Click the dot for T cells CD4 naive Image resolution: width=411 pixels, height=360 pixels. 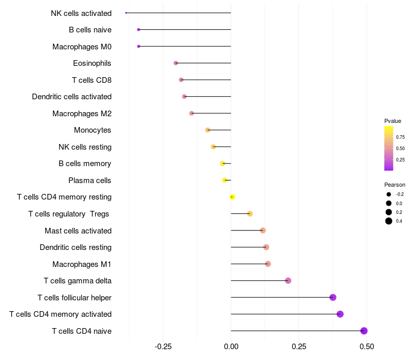tap(364, 331)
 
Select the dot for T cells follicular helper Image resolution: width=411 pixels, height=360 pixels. tap(333, 297)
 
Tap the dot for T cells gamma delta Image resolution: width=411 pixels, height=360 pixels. tap(288, 281)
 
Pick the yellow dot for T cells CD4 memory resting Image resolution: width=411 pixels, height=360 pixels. tap(232, 197)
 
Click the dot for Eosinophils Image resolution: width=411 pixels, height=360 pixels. tap(176, 63)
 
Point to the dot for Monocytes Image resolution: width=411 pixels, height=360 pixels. tap(208, 130)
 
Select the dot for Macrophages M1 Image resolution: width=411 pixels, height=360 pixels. tap(268, 264)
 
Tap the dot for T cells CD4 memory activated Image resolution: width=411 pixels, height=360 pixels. tap(340, 314)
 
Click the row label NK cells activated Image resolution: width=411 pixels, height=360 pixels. tap(81, 13)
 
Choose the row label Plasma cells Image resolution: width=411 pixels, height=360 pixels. tap(90, 181)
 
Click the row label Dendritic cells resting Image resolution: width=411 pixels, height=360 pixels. tap(76, 247)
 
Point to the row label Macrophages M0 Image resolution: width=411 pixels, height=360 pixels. tap(82, 47)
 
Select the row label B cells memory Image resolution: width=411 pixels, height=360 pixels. tap(85, 164)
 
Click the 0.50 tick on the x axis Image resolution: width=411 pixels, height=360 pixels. tap(367, 346)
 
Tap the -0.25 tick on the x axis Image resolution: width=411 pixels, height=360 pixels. tap(163, 346)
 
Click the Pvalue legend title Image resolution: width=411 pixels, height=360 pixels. tap(393, 121)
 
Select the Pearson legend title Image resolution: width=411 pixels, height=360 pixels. tap(395, 185)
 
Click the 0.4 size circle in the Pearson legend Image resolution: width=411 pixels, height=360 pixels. tap(389, 221)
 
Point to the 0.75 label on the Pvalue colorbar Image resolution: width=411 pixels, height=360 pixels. tap(400, 137)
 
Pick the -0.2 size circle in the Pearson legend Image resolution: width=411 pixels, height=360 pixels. tap(389, 194)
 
